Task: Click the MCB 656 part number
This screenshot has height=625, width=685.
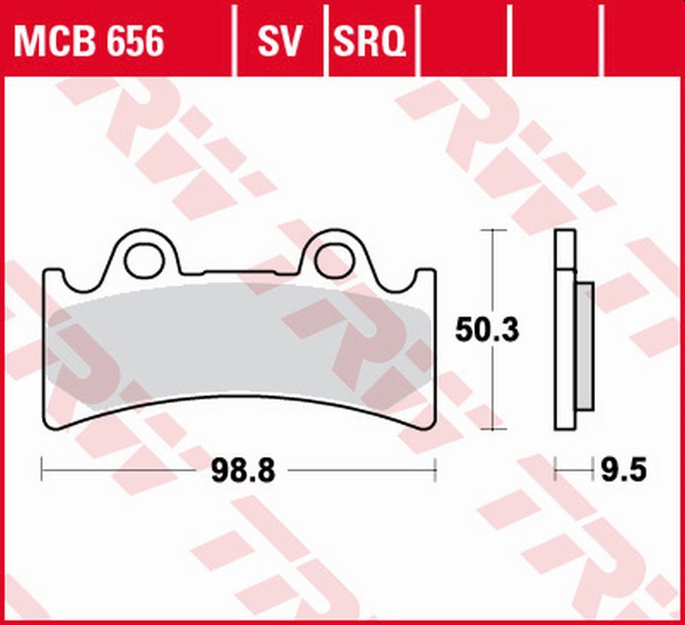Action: pos(89,41)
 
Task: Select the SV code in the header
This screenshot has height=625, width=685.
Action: pos(279,41)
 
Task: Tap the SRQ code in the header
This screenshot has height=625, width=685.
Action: pos(370,41)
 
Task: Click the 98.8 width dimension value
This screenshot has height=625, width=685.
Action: pos(243,471)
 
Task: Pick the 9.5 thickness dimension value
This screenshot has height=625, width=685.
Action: pos(624,471)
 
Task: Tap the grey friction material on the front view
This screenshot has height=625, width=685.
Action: pos(234,344)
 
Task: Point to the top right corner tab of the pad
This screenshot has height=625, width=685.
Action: pos(426,275)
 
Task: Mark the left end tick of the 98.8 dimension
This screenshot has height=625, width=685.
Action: pos(42,470)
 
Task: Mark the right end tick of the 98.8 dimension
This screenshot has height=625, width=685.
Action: pos(435,470)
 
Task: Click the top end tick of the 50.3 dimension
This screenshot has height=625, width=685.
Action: pos(491,230)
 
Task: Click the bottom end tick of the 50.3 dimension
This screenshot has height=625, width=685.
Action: pos(491,429)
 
